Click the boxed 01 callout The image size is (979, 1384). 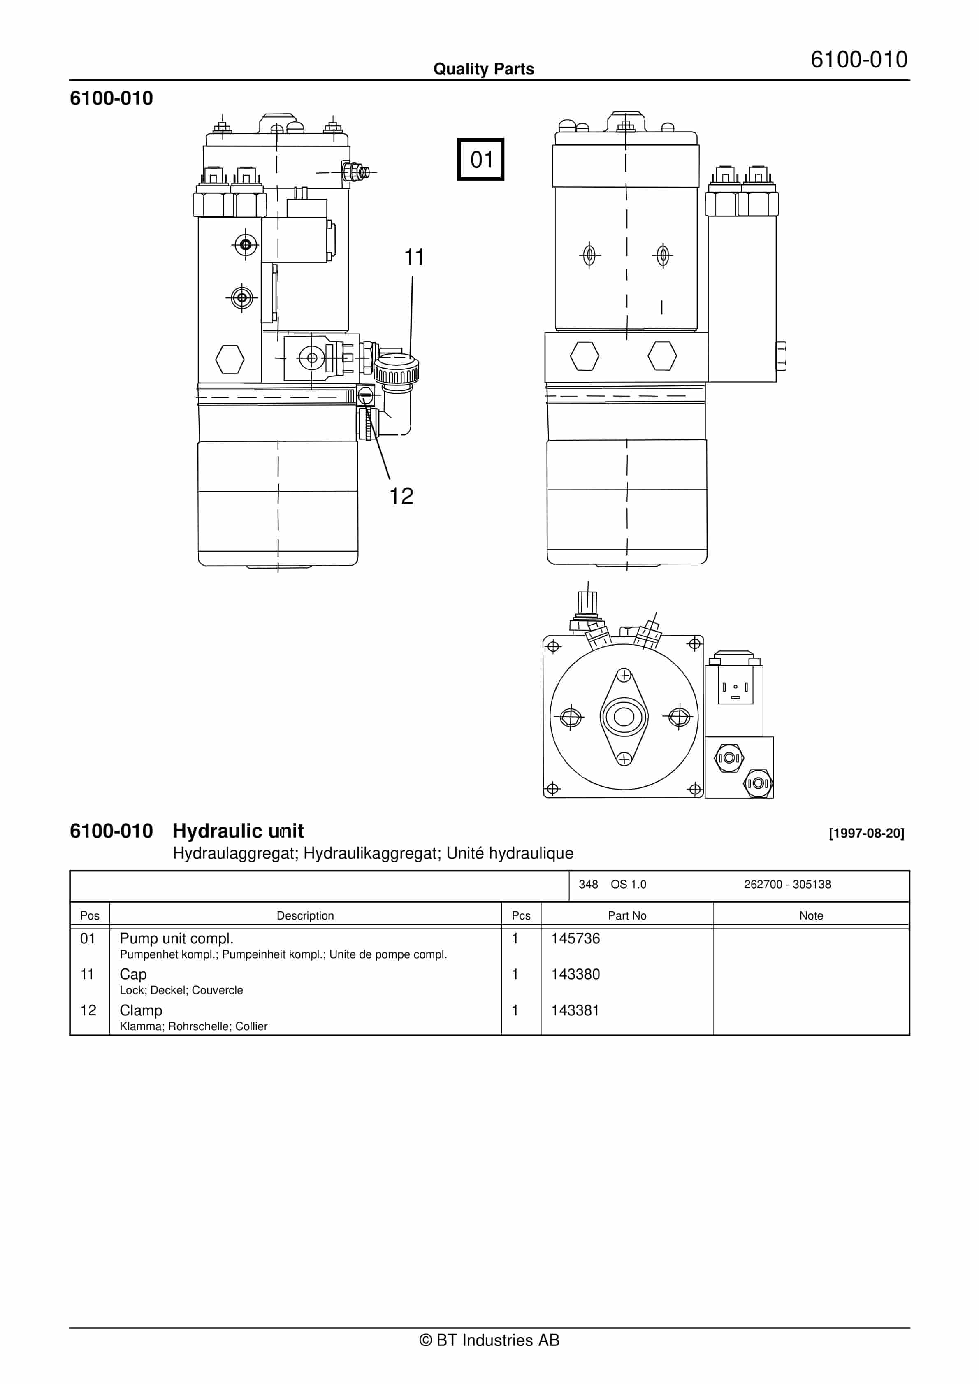(x=480, y=160)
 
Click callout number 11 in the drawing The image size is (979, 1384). (x=414, y=258)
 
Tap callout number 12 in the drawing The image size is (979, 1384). (x=401, y=496)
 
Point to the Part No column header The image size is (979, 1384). (x=626, y=916)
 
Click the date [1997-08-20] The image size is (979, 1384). (x=866, y=833)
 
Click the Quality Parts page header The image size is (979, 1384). (x=483, y=69)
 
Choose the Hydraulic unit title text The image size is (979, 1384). (x=238, y=831)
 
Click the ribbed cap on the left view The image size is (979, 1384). (x=396, y=371)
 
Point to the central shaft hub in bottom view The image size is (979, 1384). (x=624, y=717)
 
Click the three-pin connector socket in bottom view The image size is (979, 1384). (x=735, y=687)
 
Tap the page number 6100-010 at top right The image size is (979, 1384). (x=858, y=60)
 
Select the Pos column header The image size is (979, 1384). (x=90, y=916)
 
